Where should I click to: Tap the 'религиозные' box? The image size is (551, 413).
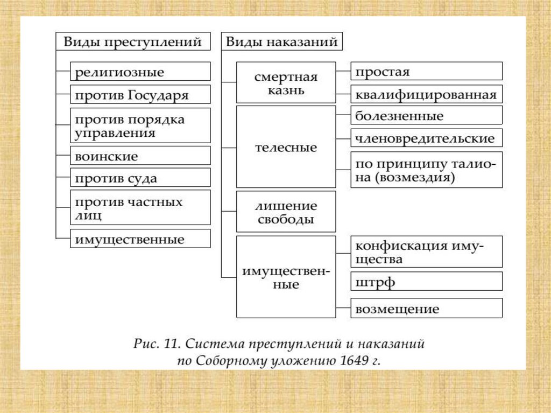[140, 71]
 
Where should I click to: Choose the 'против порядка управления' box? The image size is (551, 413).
[140, 125]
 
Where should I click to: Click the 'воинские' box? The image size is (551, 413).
[140, 156]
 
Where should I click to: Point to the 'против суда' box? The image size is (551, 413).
[140, 178]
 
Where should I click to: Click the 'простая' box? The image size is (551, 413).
[426, 71]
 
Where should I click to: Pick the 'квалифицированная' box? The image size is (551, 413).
[426, 94]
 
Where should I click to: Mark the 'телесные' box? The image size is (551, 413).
[286, 146]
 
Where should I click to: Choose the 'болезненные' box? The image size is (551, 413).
[426, 115]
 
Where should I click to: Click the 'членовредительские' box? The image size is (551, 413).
[426, 138]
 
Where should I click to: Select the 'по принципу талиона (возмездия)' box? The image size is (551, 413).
[426, 170]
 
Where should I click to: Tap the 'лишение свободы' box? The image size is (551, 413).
[286, 212]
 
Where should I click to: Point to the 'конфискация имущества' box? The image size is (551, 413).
[426, 251]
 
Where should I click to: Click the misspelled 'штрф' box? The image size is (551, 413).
[426, 281]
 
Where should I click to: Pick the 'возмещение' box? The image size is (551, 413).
[426, 309]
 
